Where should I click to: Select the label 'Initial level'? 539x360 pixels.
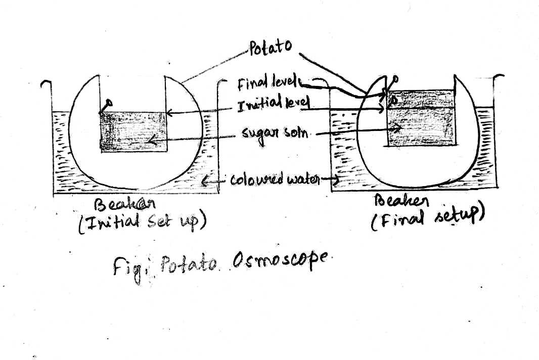point(273,106)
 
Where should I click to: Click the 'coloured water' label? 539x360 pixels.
point(276,179)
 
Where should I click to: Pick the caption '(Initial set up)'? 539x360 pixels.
point(142,223)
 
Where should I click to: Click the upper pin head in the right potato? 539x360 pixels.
point(395,79)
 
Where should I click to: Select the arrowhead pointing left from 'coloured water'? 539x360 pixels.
point(206,179)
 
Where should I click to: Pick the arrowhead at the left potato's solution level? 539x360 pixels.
point(169,112)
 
